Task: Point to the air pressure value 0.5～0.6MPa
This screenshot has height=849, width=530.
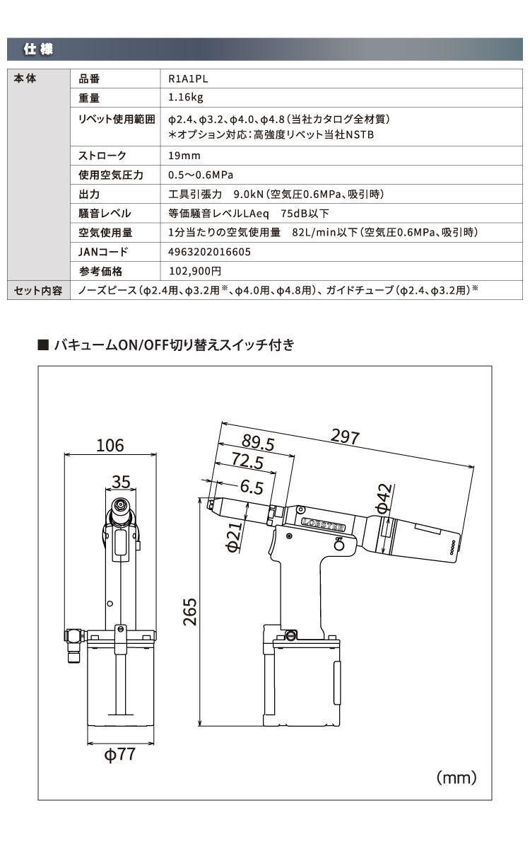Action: point(201,175)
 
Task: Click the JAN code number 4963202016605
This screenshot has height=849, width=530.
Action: point(209,252)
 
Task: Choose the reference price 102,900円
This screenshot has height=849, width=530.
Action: point(196,271)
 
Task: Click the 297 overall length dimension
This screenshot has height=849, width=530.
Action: point(346,437)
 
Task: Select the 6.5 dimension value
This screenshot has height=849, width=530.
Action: point(251,486)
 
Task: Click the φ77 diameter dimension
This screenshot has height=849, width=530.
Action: point(119,754)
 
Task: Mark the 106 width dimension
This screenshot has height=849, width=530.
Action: point(110,445)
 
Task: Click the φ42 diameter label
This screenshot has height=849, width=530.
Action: point(382,499)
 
